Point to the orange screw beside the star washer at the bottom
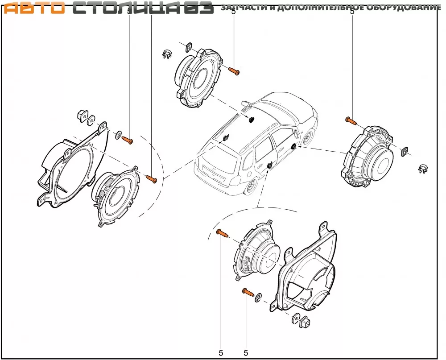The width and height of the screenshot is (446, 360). pyautogui.click(x=248, y=293)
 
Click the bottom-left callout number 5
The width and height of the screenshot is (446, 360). pyautogui.click(x=221, y=352)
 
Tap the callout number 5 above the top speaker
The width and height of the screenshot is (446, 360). pyautogui.click(x=234, y=12)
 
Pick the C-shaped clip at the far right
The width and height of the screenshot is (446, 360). pyautogui.click(x=422, y=169)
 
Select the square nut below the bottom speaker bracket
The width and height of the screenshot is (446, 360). pyautogui.click(x=306, y=322)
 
